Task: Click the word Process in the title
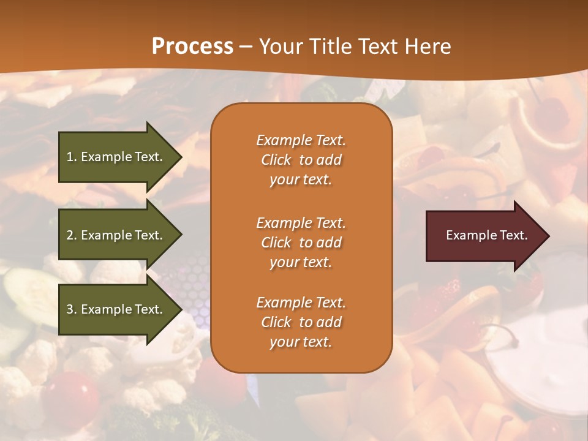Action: coord(192,47)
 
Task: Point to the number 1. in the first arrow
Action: coord(72,157)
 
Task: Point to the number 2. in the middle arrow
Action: coord(72,235)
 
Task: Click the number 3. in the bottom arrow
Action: coord(72,309)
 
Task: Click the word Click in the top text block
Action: coord(276,160)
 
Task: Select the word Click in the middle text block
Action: coord(276,243)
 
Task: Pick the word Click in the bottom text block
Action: coord(276,322)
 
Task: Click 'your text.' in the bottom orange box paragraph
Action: coord(301,342)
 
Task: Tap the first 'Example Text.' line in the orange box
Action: coord(301,140)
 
